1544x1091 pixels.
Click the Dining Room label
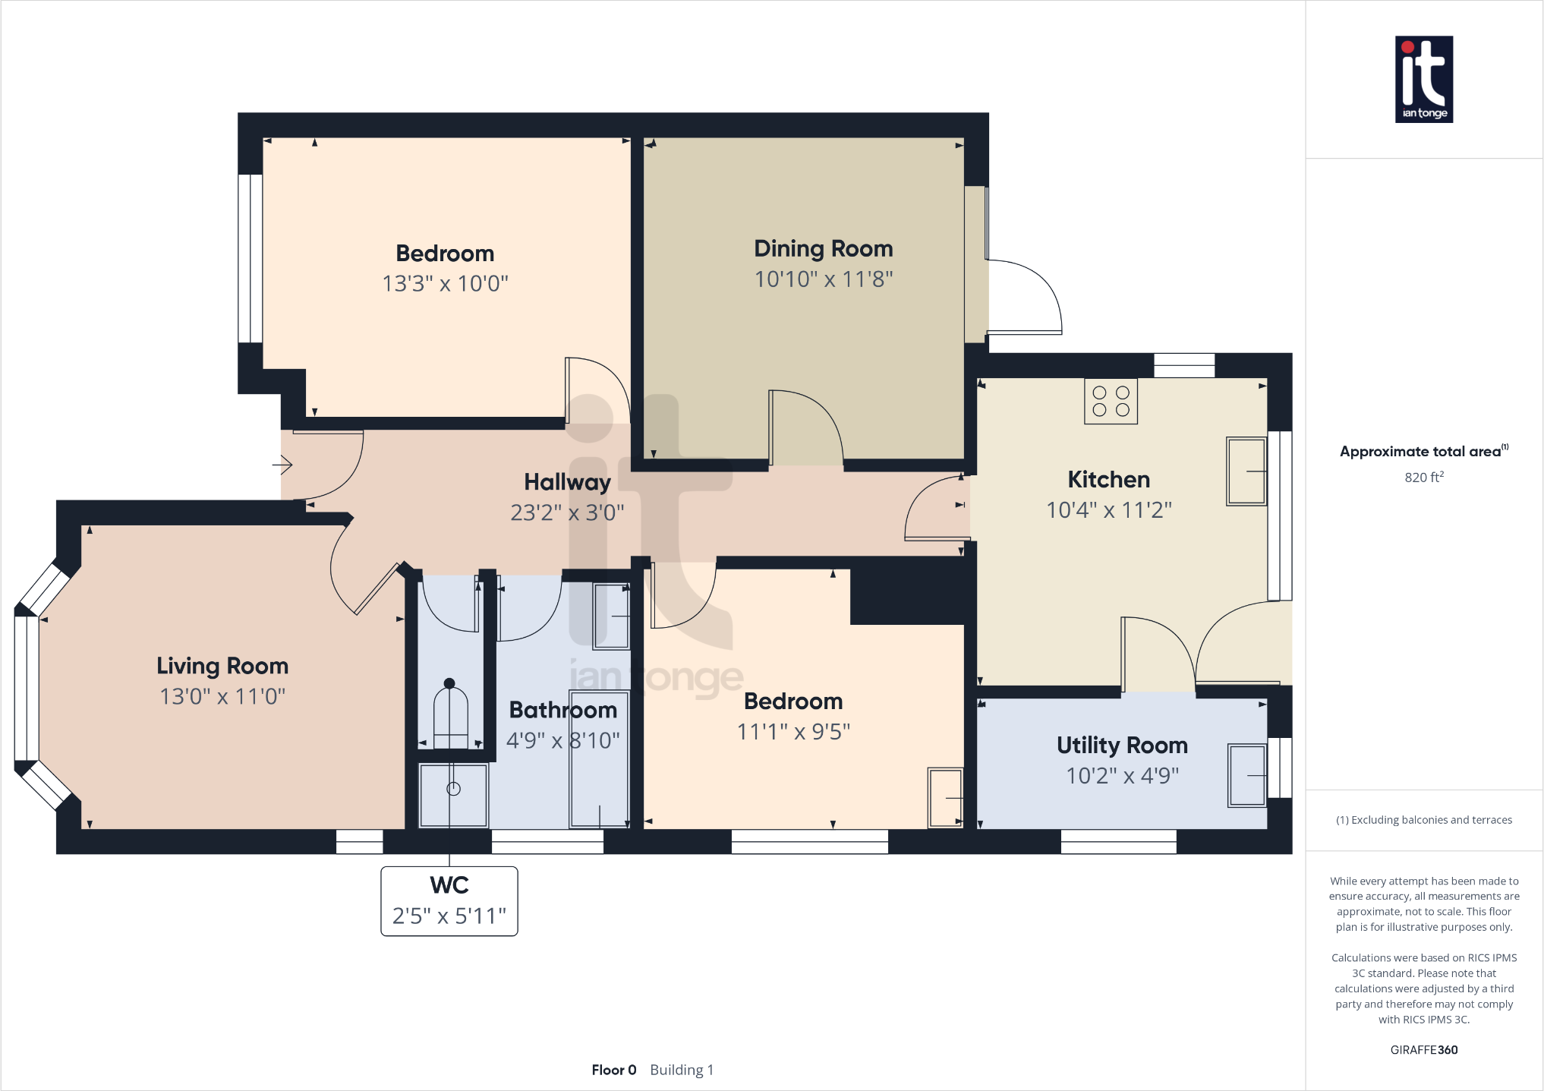coord(823,249)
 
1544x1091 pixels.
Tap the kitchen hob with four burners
coord(1111,401)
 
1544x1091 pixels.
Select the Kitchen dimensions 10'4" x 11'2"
coord(1108,510)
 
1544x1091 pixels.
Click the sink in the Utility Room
coord(1247,775)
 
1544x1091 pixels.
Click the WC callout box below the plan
coord(449,901)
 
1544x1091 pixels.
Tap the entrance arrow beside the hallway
coord(282,463)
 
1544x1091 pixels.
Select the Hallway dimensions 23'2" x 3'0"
coord(567,513)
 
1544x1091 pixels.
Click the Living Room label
coord(222,666)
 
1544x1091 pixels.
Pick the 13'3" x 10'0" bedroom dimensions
coord(445,284)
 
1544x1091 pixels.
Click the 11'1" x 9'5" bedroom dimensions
coord(793,732)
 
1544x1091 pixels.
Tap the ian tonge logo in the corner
coord(1423,79)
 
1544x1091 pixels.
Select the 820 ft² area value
coord(1423,478)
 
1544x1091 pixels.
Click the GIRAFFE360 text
coord(1423,1050)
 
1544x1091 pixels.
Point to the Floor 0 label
coord(613,1070)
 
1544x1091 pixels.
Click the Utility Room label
coord(1122,746)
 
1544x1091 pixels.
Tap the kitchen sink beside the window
coord(1246,471)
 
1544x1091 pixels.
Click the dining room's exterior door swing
coord(1025,297)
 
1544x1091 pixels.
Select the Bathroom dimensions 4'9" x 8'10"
coord(562,740)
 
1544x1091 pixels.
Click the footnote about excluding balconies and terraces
coord(1423,820)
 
